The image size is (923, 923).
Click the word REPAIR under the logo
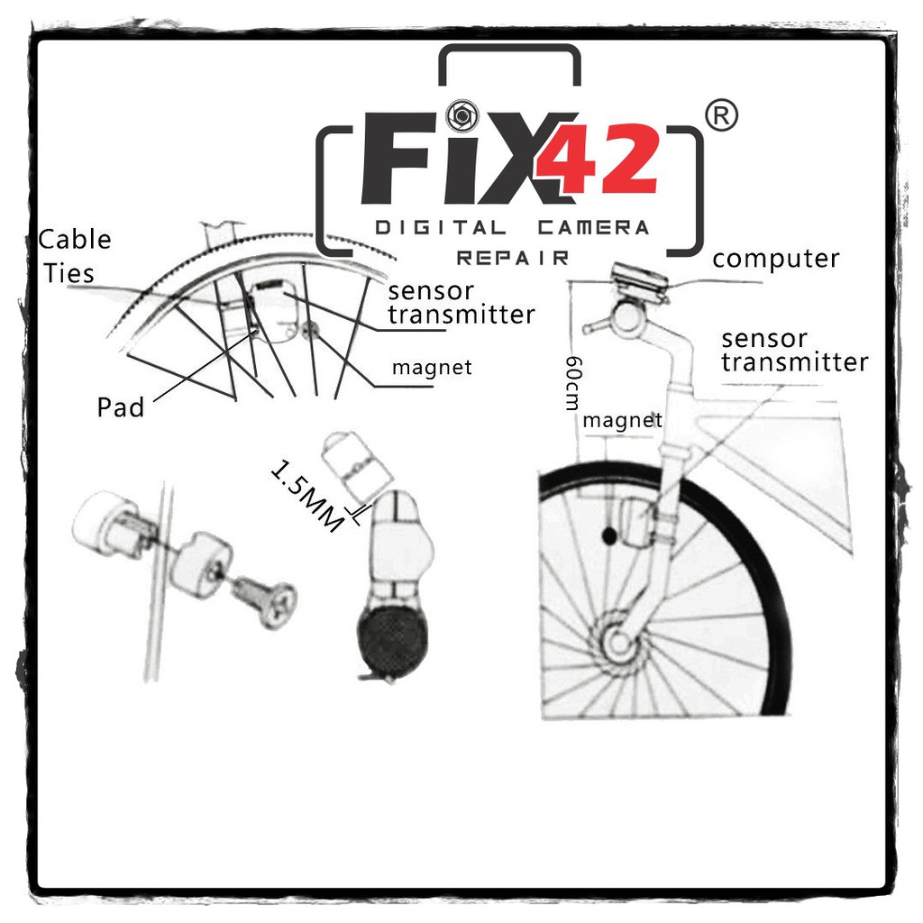(512, 258)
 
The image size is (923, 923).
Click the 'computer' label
(775, 260)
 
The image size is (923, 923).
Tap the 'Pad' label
(121, 407)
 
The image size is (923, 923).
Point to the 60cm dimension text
(571, 382)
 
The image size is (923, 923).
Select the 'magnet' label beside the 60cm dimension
(622, 420)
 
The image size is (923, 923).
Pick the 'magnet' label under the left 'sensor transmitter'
(431, 368)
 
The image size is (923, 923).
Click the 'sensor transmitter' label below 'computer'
(794, 351)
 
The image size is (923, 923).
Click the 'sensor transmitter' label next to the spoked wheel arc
(461, 303)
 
